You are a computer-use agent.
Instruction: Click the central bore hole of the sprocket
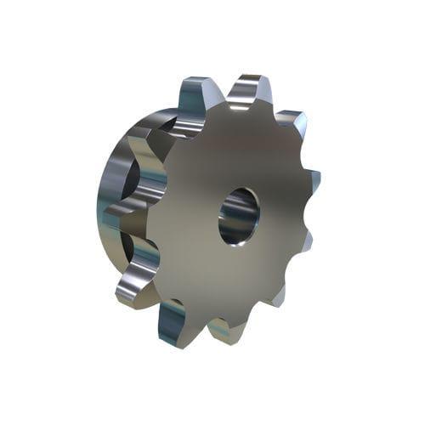239,216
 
